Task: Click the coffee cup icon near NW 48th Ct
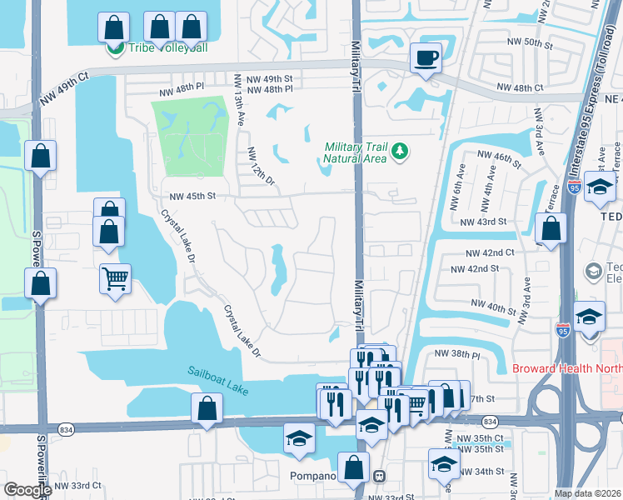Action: tap(426, 57)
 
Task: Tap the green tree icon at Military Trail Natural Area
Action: tap(401, 151)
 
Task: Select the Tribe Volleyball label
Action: tap(167, 47)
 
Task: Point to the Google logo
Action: tap(28, 490)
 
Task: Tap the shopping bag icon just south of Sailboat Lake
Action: tap(207, 409)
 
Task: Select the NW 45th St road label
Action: tap(192, 197)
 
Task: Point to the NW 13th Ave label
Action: tap(240, 101)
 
